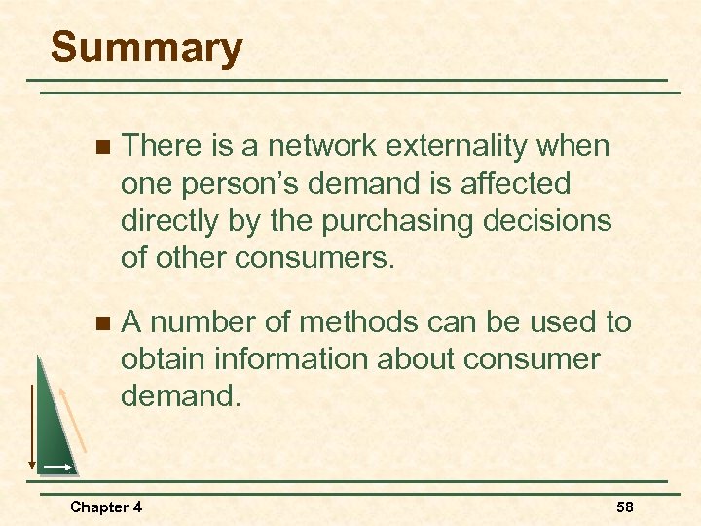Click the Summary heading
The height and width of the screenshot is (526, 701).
pos(146,49)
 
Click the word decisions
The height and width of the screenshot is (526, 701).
pos(546,221)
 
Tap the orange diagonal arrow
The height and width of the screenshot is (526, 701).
pos(74,419)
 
